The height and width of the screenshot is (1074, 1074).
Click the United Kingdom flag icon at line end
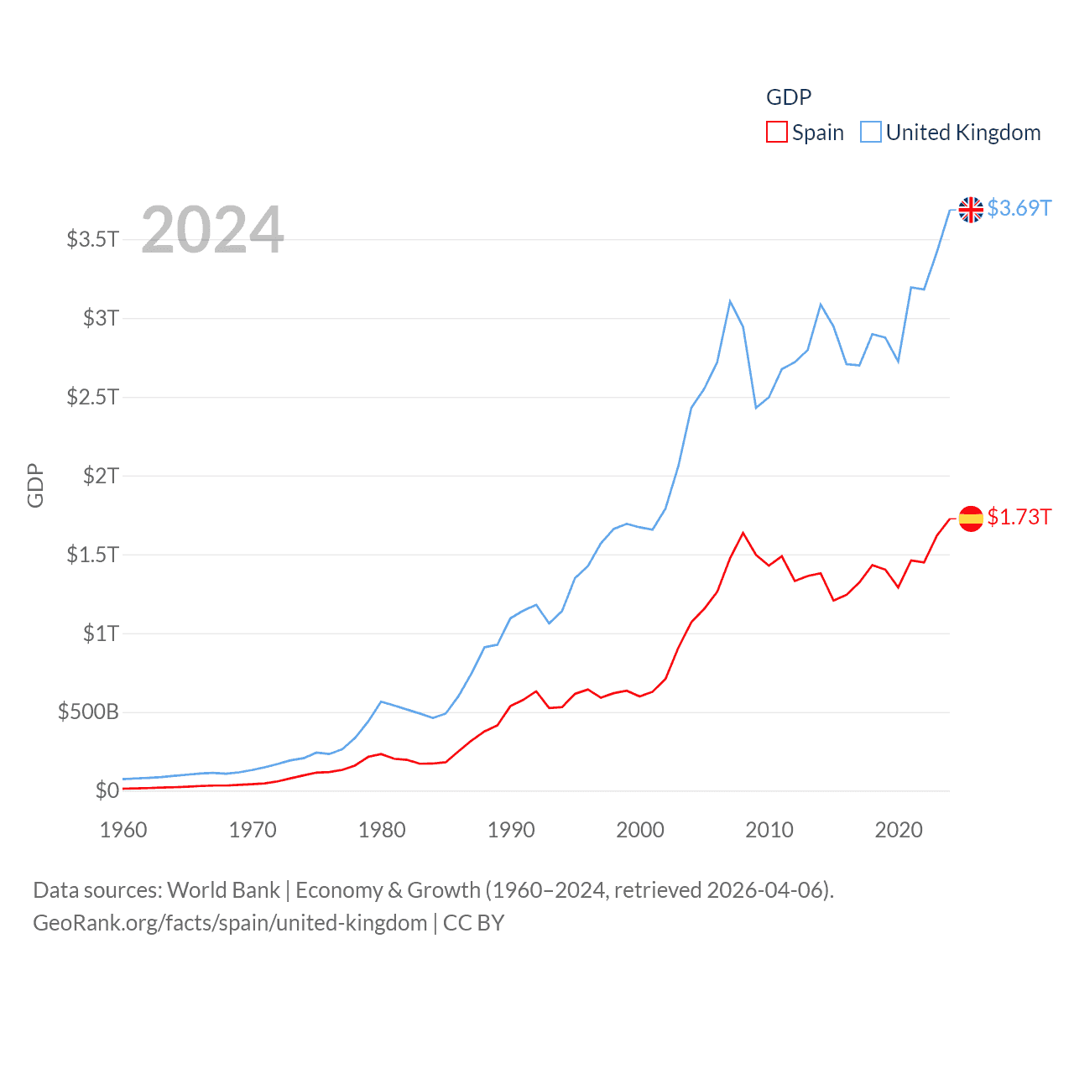971,209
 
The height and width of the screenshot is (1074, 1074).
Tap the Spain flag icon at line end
971,519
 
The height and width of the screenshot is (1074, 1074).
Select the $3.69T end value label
1019,208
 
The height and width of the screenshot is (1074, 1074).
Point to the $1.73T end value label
1019,517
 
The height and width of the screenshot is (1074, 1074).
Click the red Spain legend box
777,133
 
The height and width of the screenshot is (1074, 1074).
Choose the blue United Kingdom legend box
871,133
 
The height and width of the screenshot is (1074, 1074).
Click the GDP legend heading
789,97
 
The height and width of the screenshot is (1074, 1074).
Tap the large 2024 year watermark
212,229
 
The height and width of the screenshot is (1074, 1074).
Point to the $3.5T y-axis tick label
92,239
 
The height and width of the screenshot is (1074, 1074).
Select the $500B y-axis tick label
88,712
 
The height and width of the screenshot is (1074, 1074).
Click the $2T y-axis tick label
101,476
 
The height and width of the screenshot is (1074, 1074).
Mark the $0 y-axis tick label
107,790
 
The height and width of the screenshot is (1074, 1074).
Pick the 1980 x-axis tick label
382,831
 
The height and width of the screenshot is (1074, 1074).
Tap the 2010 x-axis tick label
769,831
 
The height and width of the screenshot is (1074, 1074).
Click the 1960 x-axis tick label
123,831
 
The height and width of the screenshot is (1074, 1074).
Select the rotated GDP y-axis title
35,485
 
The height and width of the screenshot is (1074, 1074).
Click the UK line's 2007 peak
730,301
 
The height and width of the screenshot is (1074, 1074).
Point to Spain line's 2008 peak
743,533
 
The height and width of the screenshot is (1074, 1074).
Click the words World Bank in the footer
224,890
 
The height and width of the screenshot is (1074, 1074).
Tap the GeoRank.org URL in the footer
230,923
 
